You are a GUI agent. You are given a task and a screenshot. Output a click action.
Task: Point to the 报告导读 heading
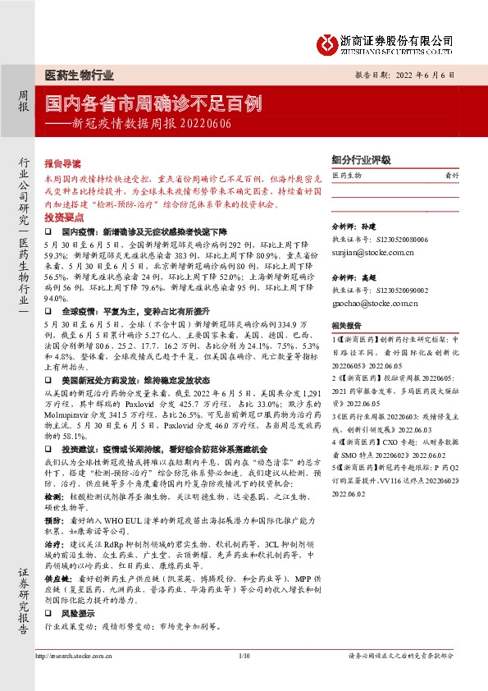[62, 163]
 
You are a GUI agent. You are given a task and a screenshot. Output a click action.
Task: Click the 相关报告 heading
[345, 325]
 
